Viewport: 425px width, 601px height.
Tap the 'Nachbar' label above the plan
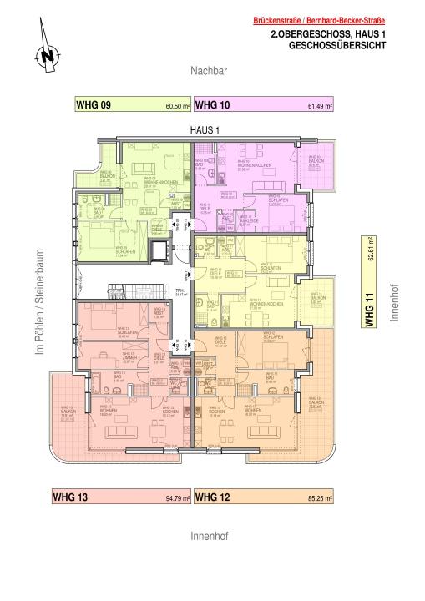coord(208,73)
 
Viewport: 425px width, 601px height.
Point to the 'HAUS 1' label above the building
coord(205,130)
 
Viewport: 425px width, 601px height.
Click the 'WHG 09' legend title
coord(94,105)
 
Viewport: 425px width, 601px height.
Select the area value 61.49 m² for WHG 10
coord(320,107)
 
